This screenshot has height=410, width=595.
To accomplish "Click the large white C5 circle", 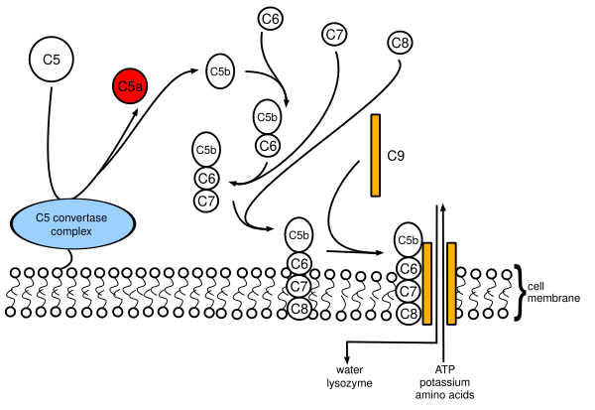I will point(52,60).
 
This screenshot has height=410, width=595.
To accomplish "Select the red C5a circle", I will point(131,86).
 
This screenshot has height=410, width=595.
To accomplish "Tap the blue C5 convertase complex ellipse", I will point(72,223).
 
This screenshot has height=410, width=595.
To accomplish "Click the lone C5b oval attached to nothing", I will point(220,71).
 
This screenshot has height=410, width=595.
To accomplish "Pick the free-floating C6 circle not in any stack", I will point(270,18).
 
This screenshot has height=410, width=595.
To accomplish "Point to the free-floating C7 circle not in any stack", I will point(334,34).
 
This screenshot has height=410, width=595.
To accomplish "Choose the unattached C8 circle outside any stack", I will point(400,43).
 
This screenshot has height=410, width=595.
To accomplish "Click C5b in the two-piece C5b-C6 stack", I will point(267,117).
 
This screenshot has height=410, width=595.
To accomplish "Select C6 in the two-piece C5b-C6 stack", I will point(268,146).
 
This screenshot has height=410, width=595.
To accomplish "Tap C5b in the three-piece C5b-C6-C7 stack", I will point(206,150).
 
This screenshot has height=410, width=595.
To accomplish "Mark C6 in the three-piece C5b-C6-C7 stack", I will point(206,179).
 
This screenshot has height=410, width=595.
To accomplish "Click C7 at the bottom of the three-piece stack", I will point(206,202).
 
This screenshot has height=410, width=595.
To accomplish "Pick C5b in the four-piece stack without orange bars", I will point(298,235).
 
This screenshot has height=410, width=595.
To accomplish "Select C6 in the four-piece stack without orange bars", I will point(299,263).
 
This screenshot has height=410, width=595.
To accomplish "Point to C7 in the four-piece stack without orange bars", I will point(299,286).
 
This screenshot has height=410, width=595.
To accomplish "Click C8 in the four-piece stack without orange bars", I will point(299,309).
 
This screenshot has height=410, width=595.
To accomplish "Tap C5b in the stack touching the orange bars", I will point(408,239).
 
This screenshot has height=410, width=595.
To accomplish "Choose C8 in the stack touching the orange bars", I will point(409,314).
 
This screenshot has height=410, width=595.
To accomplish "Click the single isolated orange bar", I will point(375,155).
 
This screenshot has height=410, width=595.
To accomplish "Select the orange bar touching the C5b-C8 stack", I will point(427,283).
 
